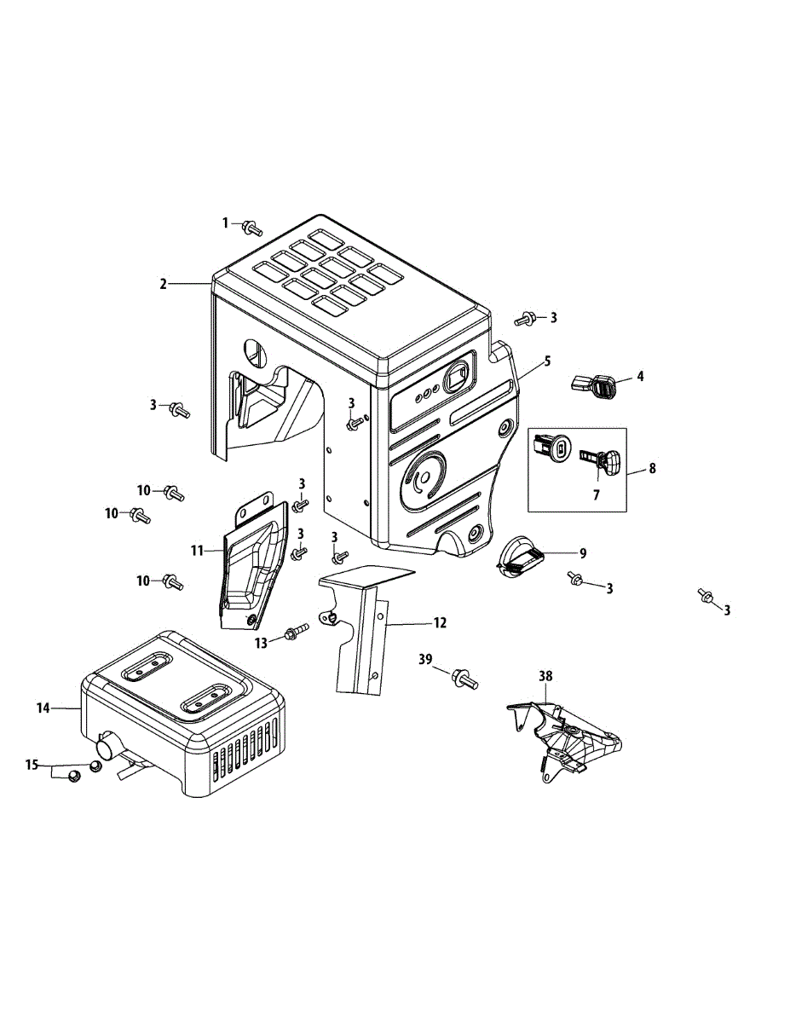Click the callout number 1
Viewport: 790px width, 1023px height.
click(226, 223)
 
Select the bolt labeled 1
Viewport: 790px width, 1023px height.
click(251, 228)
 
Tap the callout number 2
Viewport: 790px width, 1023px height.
click(163, 284)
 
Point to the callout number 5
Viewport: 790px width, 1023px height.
click(547, 361)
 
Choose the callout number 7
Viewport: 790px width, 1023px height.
click(596, 494)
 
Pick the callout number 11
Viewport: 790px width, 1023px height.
click(197, 552)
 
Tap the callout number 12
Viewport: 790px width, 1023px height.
click(440, 623)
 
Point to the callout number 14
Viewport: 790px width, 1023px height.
click(43, 708)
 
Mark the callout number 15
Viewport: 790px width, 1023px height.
click(32, 765)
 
